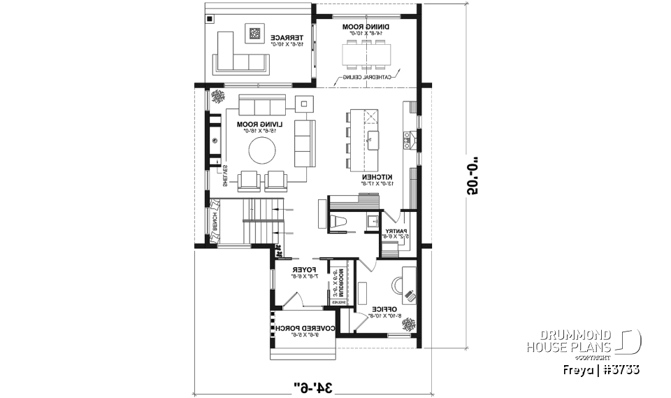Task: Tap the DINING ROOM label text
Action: point(361,27)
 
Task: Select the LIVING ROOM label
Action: point(259,125)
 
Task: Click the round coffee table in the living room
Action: point(262,149)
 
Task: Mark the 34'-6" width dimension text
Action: point(311,385)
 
